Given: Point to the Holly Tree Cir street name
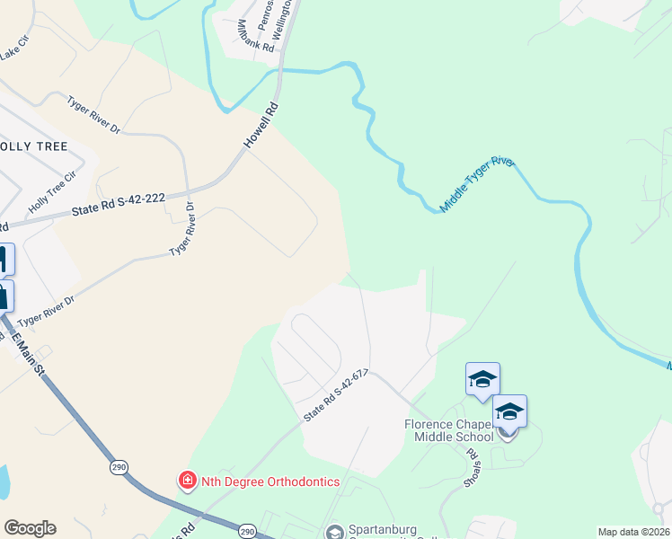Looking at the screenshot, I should pos(47,195).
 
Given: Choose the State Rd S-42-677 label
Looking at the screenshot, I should pos(337,395).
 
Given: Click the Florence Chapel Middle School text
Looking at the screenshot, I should pos(447,429).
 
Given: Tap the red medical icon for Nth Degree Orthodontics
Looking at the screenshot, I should pos(187,482).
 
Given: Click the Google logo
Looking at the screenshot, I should pos(30,528).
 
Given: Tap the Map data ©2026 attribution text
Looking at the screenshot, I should pos(632,532).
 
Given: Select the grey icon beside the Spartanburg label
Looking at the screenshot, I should pos(335,533).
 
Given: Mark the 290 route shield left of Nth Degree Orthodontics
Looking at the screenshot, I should pos(118,467).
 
